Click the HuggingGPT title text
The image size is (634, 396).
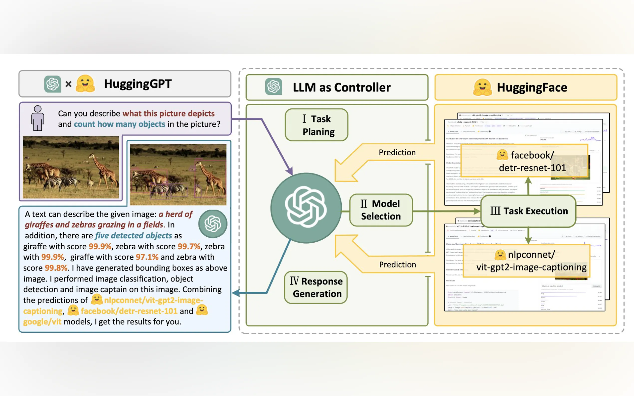tap(138, 84)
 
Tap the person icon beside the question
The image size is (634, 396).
tap(38, 118)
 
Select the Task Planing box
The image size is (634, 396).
tap(316, 125)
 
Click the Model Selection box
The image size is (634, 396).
tap(381, 210)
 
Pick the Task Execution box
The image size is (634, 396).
tap(529, 211)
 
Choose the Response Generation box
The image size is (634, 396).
tap(316, 287)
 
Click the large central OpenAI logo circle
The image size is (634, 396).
tap(306, 207)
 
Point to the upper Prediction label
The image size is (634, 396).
tap(397, 152)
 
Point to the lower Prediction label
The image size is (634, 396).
tap(397, 265)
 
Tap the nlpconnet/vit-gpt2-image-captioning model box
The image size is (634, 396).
tap(527, 261)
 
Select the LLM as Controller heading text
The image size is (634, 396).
tap(341, 87)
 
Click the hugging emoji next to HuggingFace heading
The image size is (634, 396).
tap(482, 87)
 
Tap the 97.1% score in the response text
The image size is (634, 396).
tap(147, 257)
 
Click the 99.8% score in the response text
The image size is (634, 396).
tap(56, 268)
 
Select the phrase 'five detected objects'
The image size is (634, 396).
tap(133, 235)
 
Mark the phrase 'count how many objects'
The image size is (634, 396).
tap(120, 124)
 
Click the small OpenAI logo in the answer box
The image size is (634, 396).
tap(213, 224)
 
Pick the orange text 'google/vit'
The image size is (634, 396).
tap(42, 322)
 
